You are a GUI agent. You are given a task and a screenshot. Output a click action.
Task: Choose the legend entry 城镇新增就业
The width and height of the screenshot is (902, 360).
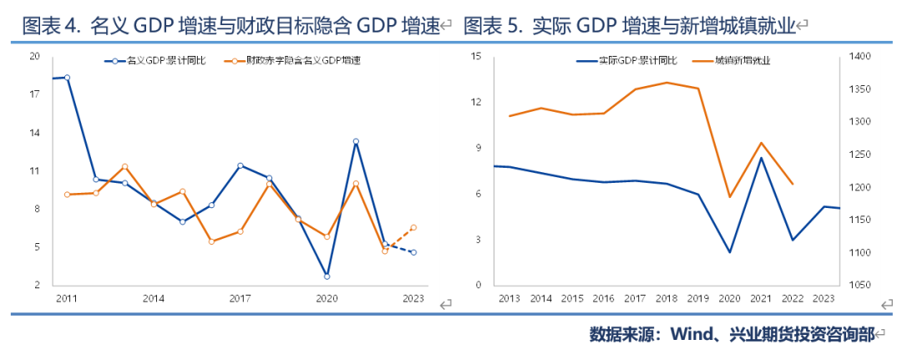click(x=742, y=61)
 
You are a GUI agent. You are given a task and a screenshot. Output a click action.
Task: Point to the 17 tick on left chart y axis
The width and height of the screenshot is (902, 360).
click(x=35, y=95)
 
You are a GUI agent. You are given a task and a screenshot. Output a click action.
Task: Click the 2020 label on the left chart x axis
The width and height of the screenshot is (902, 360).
click(x=326, y=298)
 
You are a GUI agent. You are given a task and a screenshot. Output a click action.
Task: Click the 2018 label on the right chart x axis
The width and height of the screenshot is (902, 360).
click(x=666, y=298)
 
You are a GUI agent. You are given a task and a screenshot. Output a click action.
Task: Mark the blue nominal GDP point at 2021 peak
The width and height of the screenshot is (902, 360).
click(x=356, y=142)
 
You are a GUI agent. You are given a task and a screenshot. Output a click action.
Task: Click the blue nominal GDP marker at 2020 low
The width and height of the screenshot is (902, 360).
click(x=327, y=276)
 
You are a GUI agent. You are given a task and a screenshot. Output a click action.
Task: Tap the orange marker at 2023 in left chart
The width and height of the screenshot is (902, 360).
click(x=413, y=227)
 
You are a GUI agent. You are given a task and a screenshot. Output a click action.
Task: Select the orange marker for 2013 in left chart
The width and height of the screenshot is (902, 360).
click(x=124, y=166)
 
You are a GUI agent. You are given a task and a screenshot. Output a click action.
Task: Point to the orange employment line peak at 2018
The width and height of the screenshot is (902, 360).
click(x=666, y=83)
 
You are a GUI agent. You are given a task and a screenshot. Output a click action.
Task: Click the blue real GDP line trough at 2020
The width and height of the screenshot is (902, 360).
click(x=730, y=252)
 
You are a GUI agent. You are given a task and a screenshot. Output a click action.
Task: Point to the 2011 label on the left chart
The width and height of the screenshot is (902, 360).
click(x=67, y=298)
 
